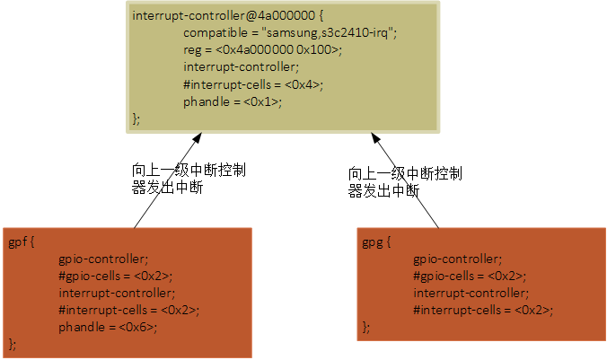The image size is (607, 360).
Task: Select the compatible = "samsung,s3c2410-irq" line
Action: coord(290,32)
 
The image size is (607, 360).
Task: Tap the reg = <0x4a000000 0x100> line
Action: coord(263,49)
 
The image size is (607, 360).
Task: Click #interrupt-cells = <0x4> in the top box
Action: coord(253,83)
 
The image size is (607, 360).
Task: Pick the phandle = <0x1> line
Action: coord(233,101)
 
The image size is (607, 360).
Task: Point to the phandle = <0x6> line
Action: coord(108,327)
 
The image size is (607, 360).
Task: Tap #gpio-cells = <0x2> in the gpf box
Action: coord(116,276)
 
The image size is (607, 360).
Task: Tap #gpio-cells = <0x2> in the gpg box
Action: coord(471,276)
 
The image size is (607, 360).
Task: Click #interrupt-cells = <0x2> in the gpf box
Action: coord(129,310)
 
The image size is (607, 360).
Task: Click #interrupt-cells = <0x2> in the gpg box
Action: coord(483,310)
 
